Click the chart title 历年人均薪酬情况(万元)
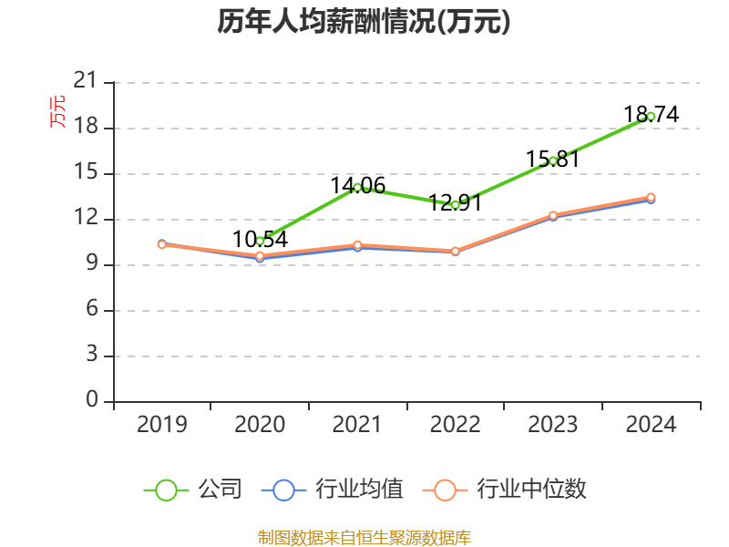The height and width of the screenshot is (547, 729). click(x=364, y=23)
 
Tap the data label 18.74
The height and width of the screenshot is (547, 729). click(x=651, y=114)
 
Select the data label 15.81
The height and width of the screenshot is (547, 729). click(x=553, y=159)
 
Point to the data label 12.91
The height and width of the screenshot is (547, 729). click(x=454, y=202)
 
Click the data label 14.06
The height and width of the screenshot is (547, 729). click(x=357, y=185)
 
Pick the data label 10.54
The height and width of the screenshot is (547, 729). click(x=260, y=239)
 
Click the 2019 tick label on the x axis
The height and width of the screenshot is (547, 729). click(x=162, y=424)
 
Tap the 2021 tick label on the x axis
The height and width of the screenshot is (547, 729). click(x=357, y=424)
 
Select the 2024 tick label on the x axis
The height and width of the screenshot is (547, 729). click(x=651, y=424)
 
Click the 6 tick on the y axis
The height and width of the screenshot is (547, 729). click(x=92, y=310)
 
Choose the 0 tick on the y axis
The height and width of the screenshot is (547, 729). click(x=92, y=401)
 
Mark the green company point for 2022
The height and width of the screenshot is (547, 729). click(x=455, y=205)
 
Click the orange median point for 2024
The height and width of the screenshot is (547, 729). click(x=651, y=197)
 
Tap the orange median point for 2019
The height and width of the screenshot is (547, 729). click(x=162, y=244)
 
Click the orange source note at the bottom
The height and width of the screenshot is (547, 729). click(x=364, y=536)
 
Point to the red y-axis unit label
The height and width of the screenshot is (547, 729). click(x=57, y=111)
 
